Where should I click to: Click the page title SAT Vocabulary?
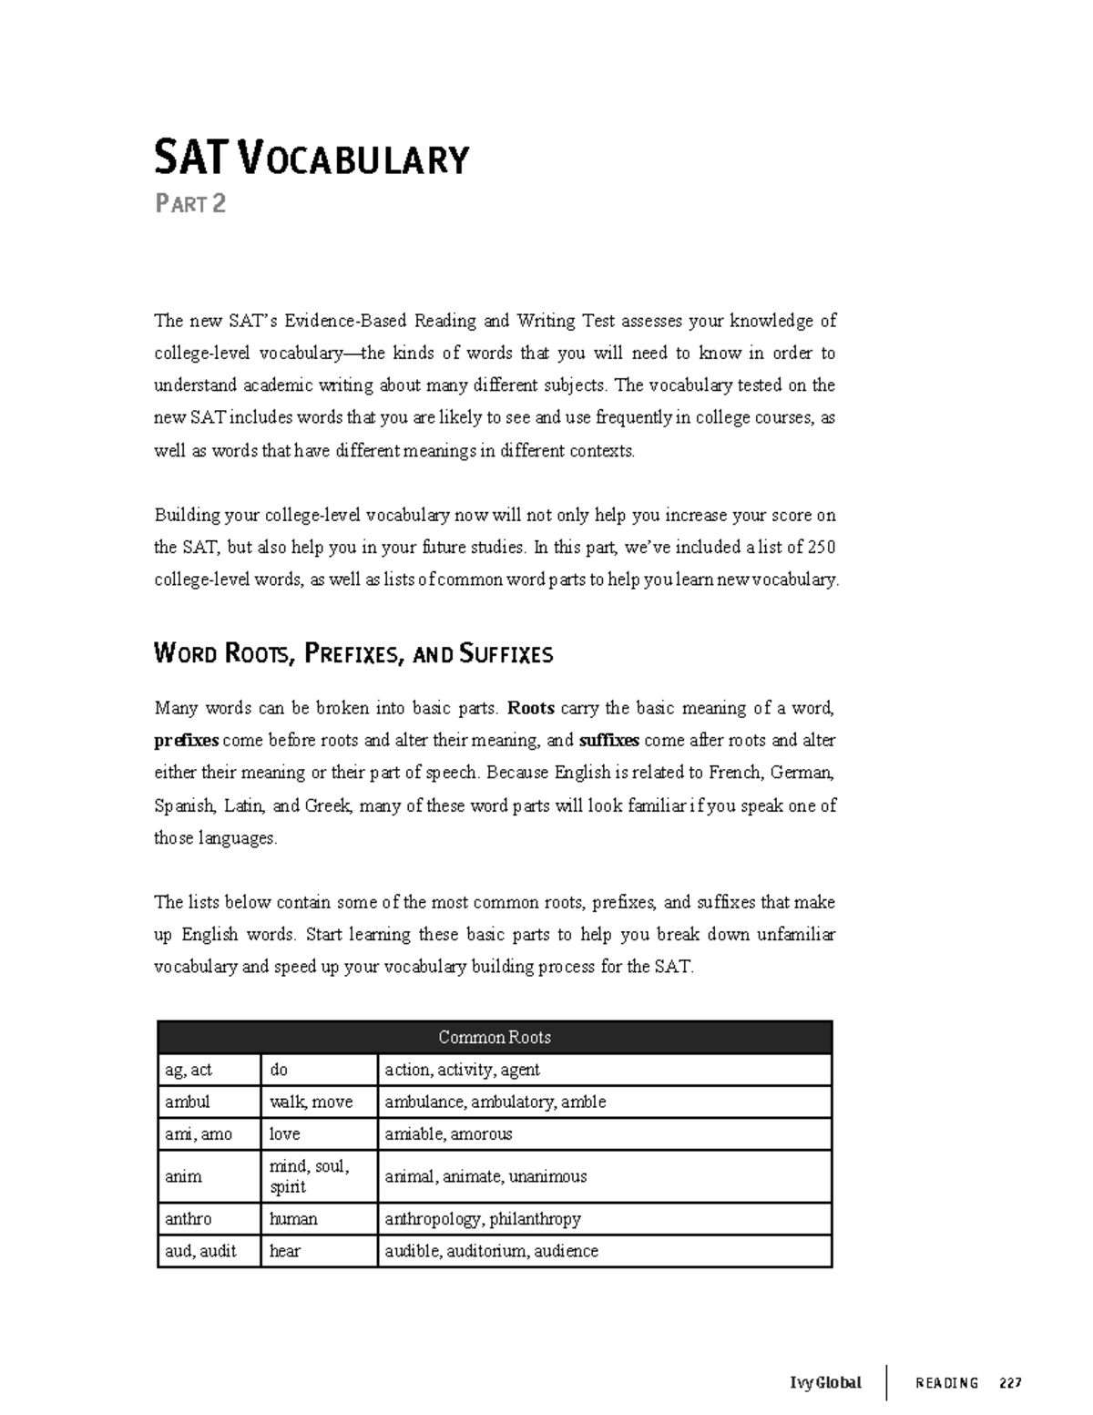pos(311,158)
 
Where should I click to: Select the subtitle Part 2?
pos(189,203)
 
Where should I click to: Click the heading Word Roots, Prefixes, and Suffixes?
pos(353,653)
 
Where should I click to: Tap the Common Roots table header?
pos(495,1037)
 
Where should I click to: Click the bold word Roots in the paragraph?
pos(531,708)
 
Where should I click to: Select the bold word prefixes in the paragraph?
pos(187,740)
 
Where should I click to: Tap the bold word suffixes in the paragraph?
pos(609,740)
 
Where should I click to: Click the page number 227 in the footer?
pos(1010,1382)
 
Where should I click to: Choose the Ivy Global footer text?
pos(825,1382)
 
